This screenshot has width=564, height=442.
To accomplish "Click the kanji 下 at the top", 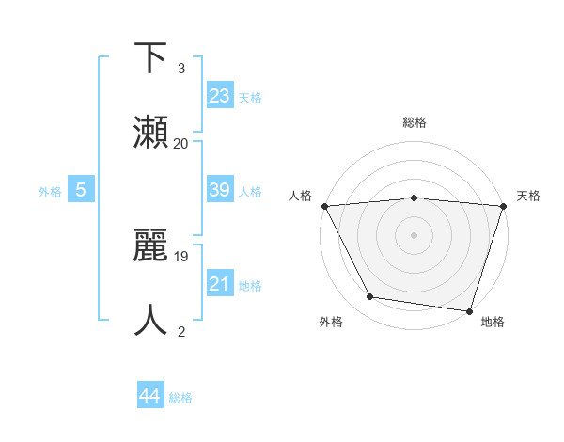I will (152, 58).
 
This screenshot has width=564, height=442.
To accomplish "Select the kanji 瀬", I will (152, 132).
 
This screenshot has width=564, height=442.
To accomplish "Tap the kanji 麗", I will (152, 246).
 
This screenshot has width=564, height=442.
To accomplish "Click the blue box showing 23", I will (220, 95).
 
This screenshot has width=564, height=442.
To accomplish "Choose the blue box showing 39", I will (220, 190).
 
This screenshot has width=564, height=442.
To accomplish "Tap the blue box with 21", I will (220, 284).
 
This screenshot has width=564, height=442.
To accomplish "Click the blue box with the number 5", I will (81, 190).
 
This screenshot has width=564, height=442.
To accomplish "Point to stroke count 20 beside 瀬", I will (181, 144).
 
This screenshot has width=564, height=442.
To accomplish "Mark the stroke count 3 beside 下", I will (181, 69).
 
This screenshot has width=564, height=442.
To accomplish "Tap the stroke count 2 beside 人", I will (181, 331).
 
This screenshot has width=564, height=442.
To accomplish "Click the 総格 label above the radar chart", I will (414, 123).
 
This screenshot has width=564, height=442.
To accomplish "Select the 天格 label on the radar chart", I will (528, 196).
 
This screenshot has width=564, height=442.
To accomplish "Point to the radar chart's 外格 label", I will (330, 323).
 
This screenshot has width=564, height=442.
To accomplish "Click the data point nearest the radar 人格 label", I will (324, 205).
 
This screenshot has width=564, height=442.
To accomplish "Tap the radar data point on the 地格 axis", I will (469, 310).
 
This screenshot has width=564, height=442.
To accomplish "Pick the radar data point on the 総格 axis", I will (414, 197).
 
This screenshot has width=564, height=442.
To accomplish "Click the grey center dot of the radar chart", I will (414, 234).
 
